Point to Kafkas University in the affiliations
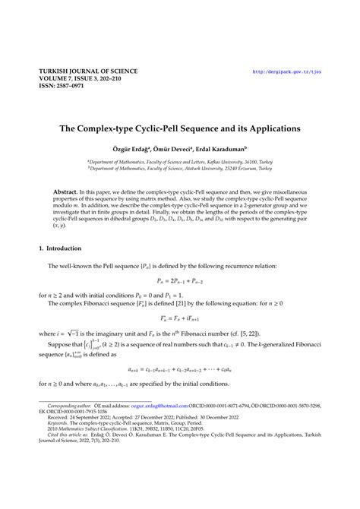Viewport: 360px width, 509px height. click(220, 162)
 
